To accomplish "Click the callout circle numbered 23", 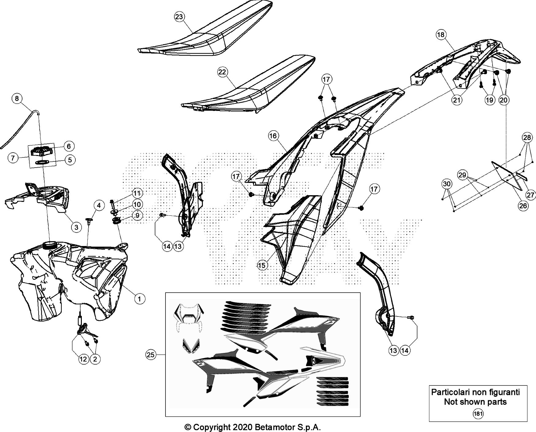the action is coord(179,17).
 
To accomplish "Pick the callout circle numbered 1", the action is coord(139,298).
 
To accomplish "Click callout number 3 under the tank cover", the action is coord(76,227).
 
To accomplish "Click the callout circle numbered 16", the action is coord(273,136).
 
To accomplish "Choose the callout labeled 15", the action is coord(262,265).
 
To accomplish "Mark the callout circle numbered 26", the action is coord(523,206).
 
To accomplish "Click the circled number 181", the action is coord(478,414).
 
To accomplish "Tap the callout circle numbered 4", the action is coord(99,205).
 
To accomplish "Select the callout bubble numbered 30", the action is coord(447,184).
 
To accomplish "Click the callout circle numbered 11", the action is coord(137,193).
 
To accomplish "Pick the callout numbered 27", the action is coord(530,195).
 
